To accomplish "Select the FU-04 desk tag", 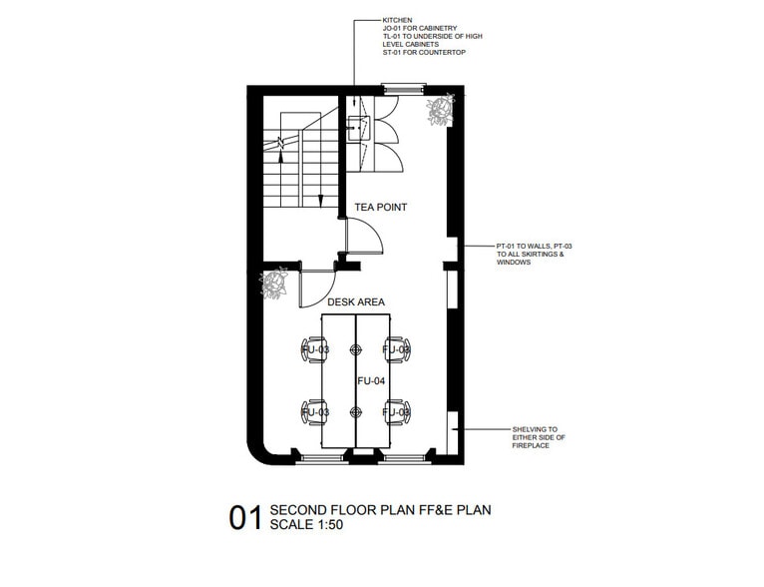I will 371,380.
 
